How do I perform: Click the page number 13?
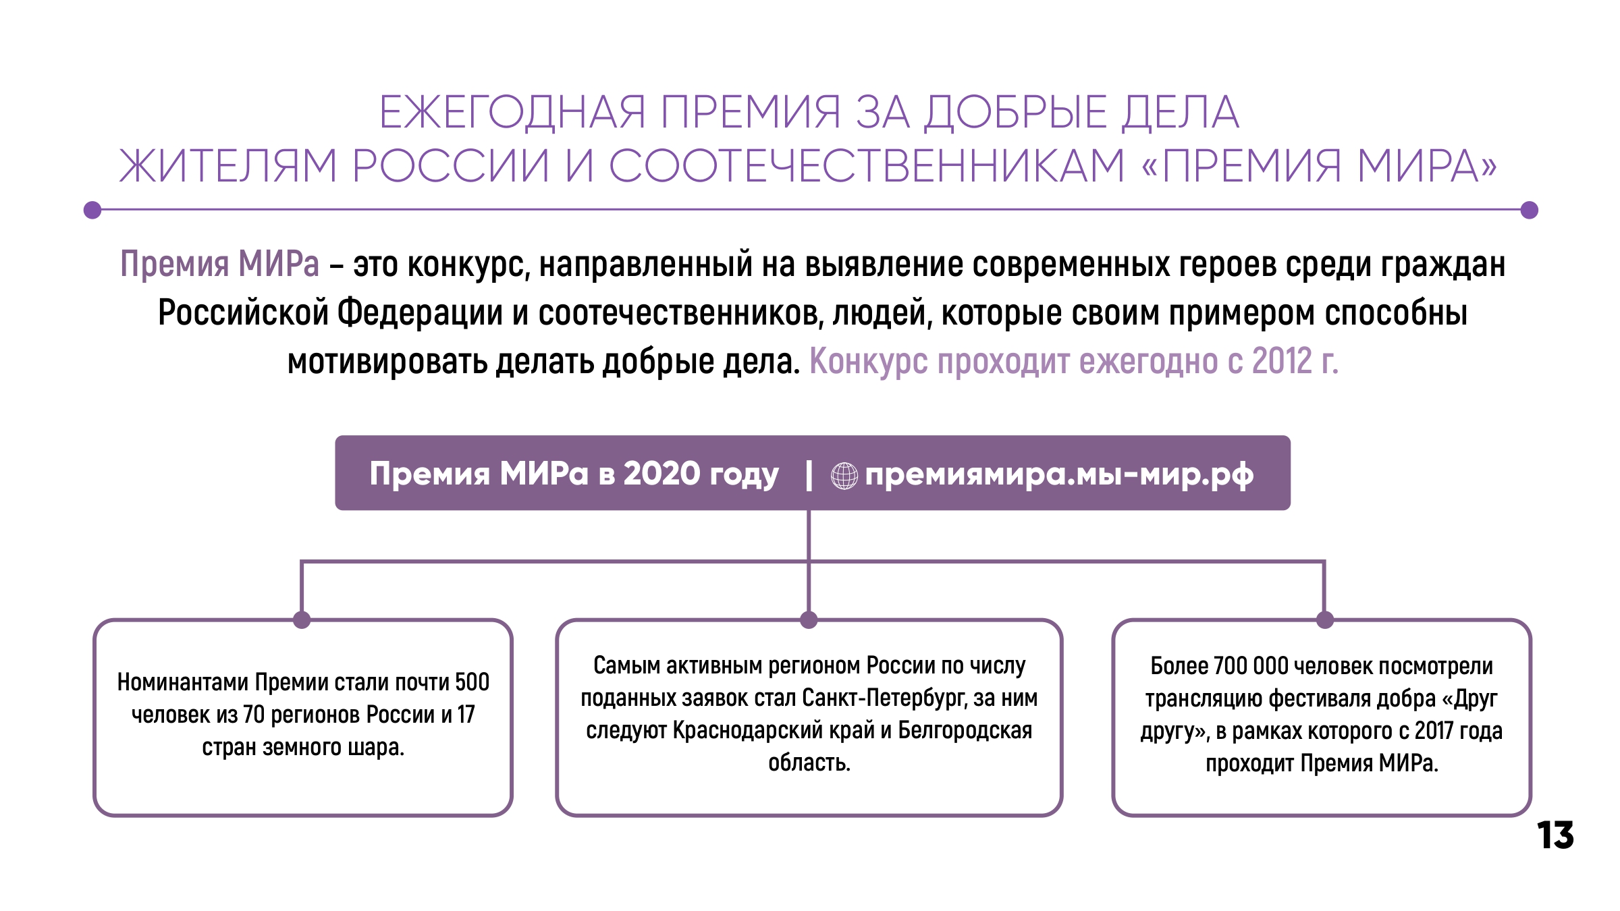point(1555,835)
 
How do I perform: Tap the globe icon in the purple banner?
point(844,476)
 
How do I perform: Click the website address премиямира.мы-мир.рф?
point(1060,474)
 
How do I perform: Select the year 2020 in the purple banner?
point(661,473)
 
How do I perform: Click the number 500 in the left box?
point(472,682)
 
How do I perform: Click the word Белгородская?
point(965,730)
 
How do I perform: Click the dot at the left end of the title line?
point(92,210)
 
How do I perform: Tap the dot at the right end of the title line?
point(1530,210)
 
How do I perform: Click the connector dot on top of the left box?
point(302,619)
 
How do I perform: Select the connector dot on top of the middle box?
point(809,619)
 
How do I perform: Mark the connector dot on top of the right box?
point(1325,619)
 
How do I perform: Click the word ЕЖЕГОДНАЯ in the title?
point(512,112)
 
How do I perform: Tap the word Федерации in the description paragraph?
point(420,312)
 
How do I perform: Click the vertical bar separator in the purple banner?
point(809,476)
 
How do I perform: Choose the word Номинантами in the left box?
point(183,682)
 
